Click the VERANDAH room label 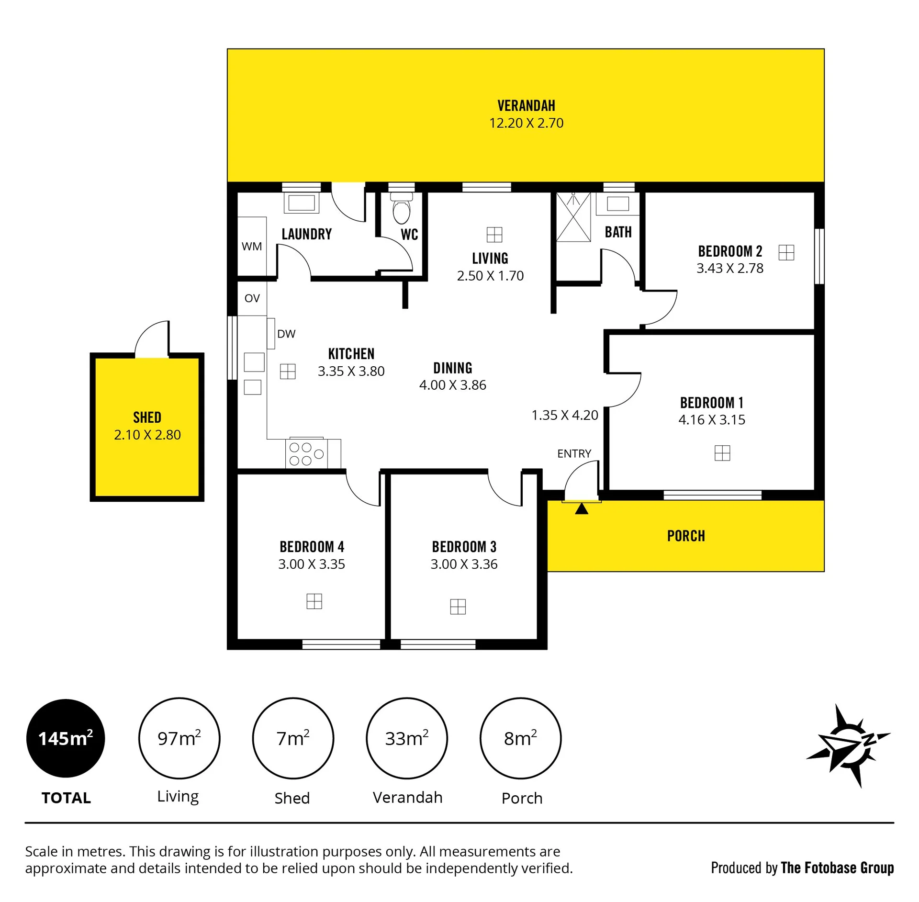point(526,105)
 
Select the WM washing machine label point(252,247)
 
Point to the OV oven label point(252,298)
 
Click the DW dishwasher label point(286,334)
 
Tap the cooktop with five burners point(306,453)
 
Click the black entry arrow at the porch point(582,508)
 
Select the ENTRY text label point(574,453)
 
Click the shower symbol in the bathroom point(573,217)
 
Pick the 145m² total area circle point(66,738)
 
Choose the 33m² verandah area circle point(407,738)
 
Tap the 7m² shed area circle point(293,738)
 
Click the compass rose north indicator point(849,744)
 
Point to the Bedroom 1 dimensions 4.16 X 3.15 point(712,420)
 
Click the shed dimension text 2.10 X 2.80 point(147,435)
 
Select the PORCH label point(686,536)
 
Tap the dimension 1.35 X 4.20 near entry point(565,415)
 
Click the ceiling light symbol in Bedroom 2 point(786,252)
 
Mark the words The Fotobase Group point(837,868)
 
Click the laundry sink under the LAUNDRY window point(302,203)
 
